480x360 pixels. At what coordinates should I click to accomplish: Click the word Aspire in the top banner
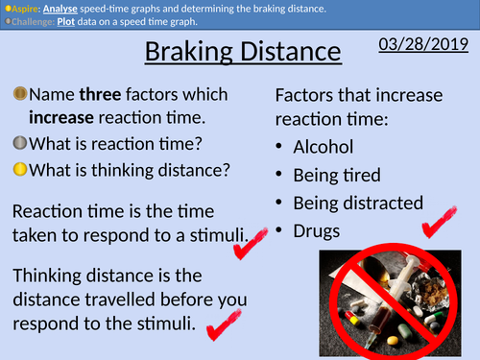(24, 9)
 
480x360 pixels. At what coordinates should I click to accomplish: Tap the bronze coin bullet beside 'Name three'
(18, 94)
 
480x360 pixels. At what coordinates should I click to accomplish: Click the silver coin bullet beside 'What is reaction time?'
(18, 145)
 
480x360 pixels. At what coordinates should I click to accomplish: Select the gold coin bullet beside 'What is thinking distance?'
(18, 170)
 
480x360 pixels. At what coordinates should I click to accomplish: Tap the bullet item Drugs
(319, 231)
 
